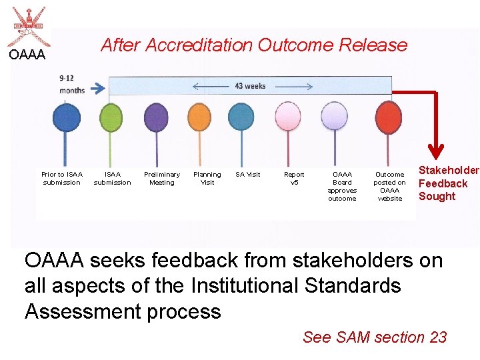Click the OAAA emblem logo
25,27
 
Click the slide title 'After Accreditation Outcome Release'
253,45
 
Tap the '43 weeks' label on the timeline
250,86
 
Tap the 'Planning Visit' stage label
207,178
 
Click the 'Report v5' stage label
294,178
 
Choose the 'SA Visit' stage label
248,175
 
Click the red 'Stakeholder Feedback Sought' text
447,183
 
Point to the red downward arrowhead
436,150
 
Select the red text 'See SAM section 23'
375,337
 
